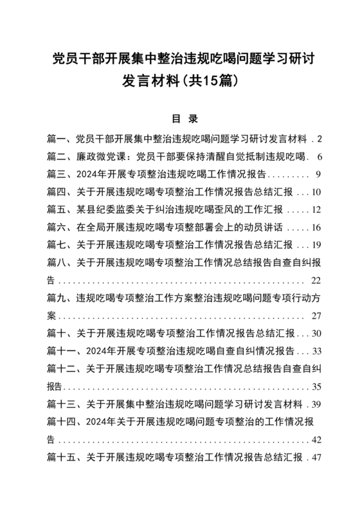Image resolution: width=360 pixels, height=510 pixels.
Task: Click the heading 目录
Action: (x=179, y=119)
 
